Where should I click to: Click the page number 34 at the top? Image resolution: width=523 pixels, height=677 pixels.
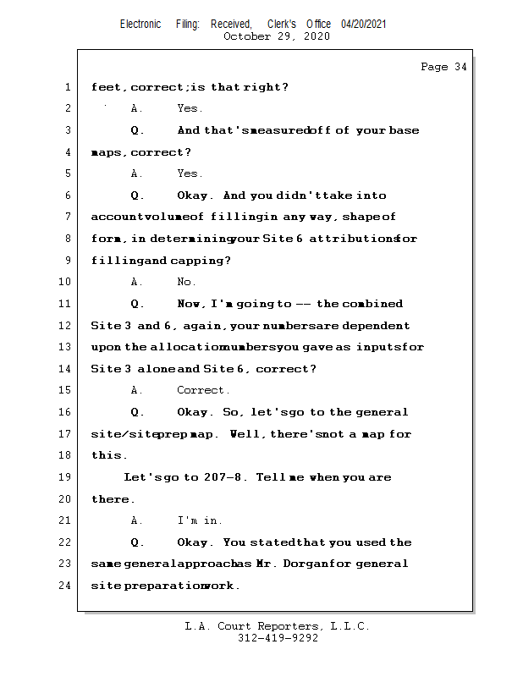point(460,67)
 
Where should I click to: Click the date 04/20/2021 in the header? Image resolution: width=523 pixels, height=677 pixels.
point(363,25)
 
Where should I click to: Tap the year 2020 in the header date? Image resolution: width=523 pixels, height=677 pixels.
point(317,36)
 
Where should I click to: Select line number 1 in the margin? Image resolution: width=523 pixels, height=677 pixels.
point(68,87)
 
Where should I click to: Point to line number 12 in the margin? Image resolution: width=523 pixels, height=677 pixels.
point(64,326)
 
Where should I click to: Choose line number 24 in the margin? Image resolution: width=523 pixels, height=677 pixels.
point(64,586)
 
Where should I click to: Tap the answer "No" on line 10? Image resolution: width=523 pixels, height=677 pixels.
point(184,282)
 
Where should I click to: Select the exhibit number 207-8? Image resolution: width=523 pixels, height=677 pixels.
point(223,477)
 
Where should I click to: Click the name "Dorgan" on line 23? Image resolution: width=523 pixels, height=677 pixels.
point(302,564)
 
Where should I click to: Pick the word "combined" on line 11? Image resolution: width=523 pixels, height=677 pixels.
point(372,304)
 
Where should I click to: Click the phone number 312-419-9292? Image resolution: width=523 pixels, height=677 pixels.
point(278,638)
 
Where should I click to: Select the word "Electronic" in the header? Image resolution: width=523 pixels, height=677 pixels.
point(140,25)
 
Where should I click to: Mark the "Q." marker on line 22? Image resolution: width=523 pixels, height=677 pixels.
point(137,542)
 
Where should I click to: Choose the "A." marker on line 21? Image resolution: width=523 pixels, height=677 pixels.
point(136,520)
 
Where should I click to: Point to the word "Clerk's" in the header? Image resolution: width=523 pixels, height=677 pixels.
point(282,25)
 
